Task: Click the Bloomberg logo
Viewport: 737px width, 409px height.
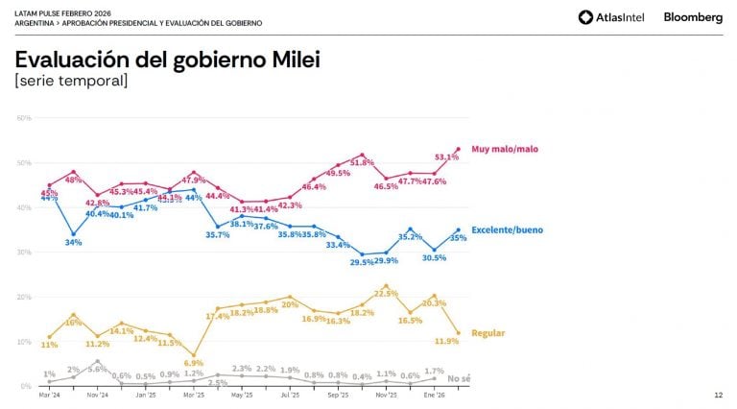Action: (x=693, y=17)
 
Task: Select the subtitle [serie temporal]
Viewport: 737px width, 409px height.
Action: (x=71, y=82)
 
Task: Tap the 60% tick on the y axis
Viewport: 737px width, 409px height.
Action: (x=24, y=117)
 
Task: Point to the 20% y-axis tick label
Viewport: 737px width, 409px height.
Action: (x=24, y=297)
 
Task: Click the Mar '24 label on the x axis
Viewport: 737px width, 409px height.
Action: (x=49, y=395)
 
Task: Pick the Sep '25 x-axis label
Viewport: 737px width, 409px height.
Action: (x=338, y=395)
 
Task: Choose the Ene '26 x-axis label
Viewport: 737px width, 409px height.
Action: (x=434, y=395)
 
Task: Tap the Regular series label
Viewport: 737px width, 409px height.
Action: (x=488, y=333)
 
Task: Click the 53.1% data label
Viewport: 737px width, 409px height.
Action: (x=447, y=156)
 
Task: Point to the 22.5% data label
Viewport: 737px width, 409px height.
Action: (x=386, y=294)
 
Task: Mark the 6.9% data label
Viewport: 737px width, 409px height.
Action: (x=194, y=364)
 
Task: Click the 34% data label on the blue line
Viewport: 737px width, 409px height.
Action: (x=74, y=242)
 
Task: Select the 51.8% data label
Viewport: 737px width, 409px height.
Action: (x=362, y=162)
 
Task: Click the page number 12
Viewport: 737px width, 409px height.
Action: (x=719, y=395)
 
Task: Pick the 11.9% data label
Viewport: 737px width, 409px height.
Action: (x=447, y=341)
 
